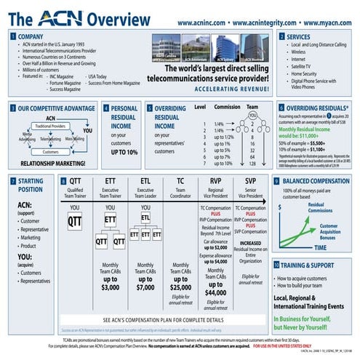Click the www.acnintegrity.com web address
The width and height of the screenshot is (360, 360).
point(255,23)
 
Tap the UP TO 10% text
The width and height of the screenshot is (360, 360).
point(124,153)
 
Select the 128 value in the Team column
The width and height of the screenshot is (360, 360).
point(252,163)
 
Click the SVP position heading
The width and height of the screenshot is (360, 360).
point(250,180)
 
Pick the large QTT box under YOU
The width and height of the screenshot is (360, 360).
point(75,220)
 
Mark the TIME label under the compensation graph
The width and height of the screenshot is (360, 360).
point(319,247)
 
